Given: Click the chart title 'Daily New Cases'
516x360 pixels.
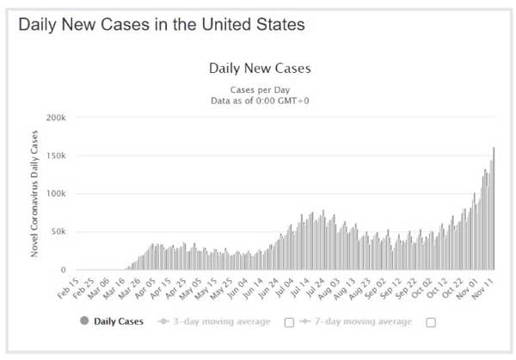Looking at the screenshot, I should pos(260,67).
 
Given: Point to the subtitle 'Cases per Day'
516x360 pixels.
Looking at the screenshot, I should pos(260,89).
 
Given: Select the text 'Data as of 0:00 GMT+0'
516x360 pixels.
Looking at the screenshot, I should pos(260,101).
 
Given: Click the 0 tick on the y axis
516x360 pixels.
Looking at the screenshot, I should pos(63,270).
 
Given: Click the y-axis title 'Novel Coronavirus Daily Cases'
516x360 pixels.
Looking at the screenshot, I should pos(35,193).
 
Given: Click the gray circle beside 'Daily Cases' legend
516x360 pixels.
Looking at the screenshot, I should pos(84,322).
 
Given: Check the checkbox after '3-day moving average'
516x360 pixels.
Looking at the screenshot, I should pos(289,322).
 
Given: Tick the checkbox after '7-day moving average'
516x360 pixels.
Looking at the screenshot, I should pos(430,322).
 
